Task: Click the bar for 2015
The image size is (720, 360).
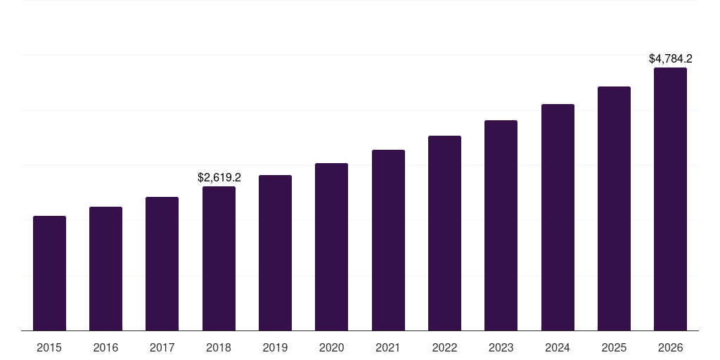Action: (x=49, y=274)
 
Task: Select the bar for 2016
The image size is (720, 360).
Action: (x=105, y=269)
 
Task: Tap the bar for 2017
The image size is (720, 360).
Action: (x=162, y=264)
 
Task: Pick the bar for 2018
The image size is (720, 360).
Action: (x=219, y=259)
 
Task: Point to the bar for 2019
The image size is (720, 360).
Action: (x=275, y=253)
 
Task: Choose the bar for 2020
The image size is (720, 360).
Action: (x=331, y=247)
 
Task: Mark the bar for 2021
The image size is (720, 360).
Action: (x=388, y=240)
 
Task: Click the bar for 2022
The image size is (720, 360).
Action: (x=444, y=233)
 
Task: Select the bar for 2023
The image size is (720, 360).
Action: (x=501, y=226)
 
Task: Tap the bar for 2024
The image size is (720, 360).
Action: (x=558, y=217)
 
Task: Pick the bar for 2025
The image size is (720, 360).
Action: (x=614, y=209)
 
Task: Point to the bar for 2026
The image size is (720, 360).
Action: (x=670, y=199)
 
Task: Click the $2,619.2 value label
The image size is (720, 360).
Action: (x=219, y=177)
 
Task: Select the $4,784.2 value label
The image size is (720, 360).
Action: (x=671, y=58)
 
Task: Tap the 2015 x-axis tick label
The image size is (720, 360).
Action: (x=49, y=348)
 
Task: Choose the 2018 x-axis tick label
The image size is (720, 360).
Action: (x=219, y=348)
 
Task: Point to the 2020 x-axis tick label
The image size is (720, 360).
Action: (x=331, y=348)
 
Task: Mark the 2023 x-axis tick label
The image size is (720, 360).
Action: (x=501, y=348)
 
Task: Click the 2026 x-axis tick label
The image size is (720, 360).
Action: (x=670, y=348)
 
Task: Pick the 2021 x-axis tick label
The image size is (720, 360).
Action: (x=388, y=348)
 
